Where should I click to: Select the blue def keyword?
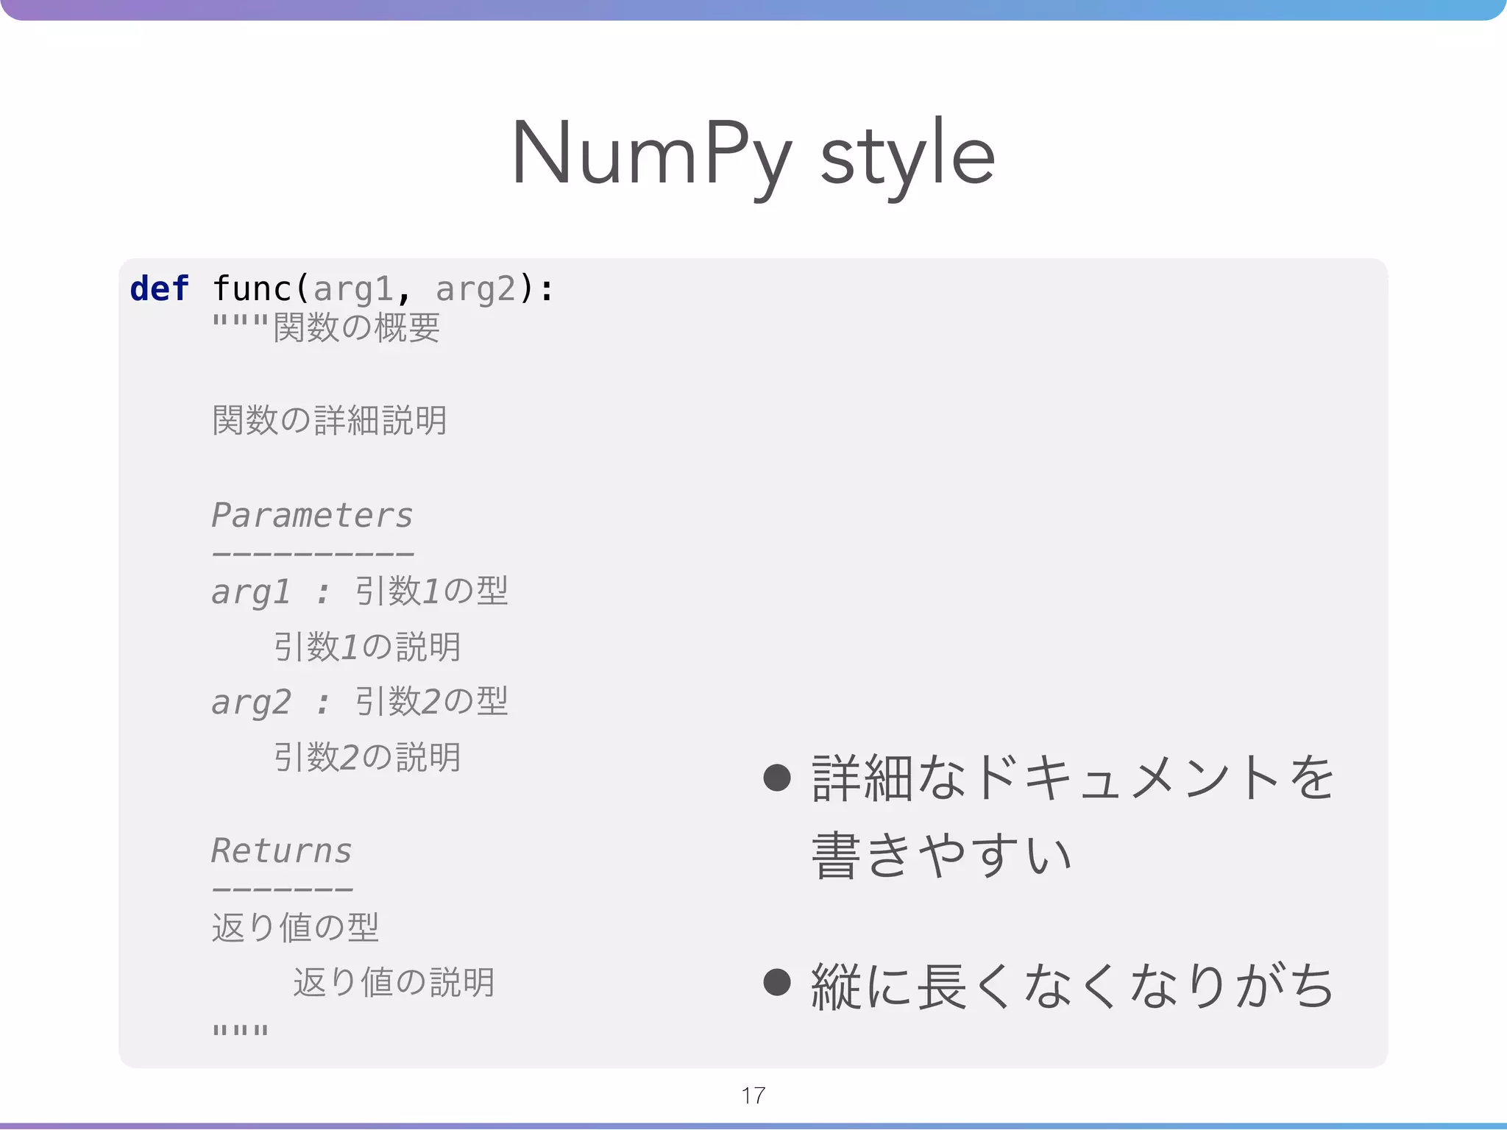click(x=159, y=288)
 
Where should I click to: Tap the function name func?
click(x=252, y=288)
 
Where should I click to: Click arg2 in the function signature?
click(x=475, y=288)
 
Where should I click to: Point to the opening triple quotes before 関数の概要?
click(x=240, y=321)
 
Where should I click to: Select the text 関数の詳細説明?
click(x=329, y=421)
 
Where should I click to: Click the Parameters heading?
click(x=312, y=516)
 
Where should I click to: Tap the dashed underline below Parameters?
click(x=312, y=554)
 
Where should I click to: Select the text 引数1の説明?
click(x=366, y=647)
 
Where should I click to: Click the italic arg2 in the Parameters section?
click(x=251, y=703)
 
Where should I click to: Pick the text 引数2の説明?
click(x=366, y=758)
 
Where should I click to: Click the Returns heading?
click(x=282, y=851)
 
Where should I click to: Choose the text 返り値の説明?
click(x=394, y=983)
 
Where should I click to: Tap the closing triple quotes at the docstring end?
click(x=240, y=1030)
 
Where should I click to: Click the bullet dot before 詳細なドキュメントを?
click(x=777, y=778)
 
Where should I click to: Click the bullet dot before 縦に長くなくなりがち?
click(x=777, y=982)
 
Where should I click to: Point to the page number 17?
click(x=753, y=1095)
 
